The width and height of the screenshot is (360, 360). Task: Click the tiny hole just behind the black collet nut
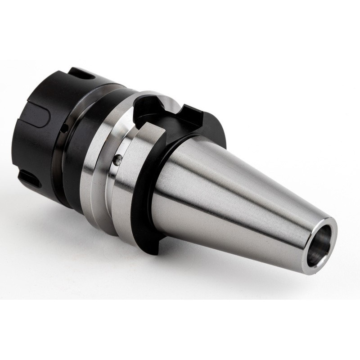click(x=67, y=129)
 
